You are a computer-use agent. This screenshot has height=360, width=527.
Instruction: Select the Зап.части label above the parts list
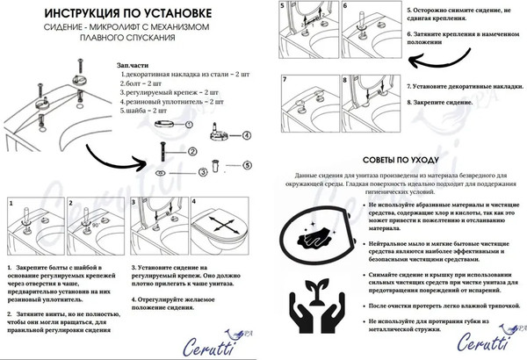[x=134, y=66]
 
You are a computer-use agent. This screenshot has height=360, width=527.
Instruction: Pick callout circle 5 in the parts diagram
[x=247, y=164]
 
